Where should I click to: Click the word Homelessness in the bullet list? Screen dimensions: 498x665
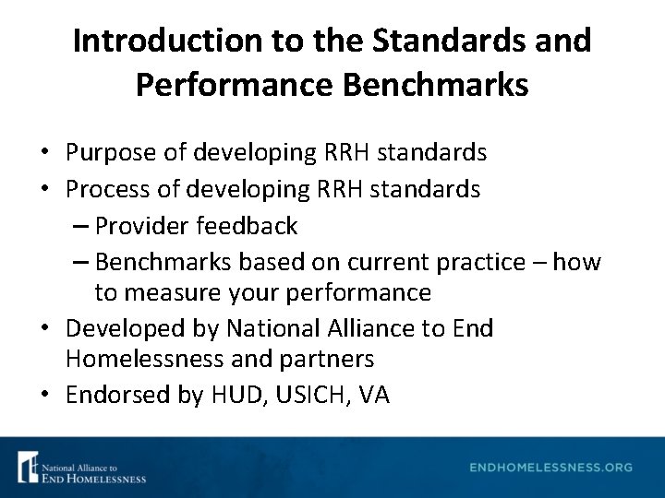click(x=142, y=358)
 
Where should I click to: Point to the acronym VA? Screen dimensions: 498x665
click(x=374, y=396)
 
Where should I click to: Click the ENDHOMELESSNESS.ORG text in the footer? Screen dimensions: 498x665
click(x=551, y=468)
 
